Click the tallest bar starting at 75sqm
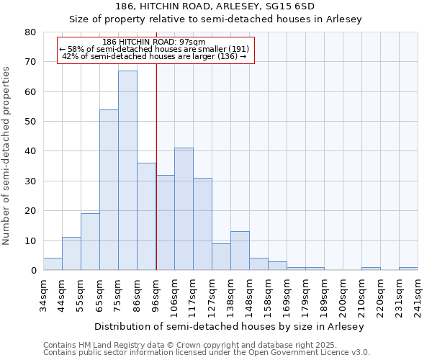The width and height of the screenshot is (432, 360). (127, 171)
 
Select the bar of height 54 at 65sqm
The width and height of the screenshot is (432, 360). (109, 190)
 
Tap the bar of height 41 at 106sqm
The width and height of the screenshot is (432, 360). (184, 209)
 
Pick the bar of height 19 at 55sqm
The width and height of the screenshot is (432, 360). (90, 242)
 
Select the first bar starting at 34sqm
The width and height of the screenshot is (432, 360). (53, 264)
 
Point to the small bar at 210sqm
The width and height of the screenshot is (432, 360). (371, 269)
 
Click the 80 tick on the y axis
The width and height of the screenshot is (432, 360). (30, 32)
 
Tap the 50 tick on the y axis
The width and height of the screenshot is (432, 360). (30, 122)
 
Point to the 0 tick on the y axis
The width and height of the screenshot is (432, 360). (33, 271)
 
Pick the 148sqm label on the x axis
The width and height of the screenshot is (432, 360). (250, 292)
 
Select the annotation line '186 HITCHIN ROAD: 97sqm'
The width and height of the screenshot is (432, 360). (155, 42)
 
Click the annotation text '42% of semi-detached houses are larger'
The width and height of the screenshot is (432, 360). (155, 57)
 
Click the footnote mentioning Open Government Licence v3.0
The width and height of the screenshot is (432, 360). (207, 353)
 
